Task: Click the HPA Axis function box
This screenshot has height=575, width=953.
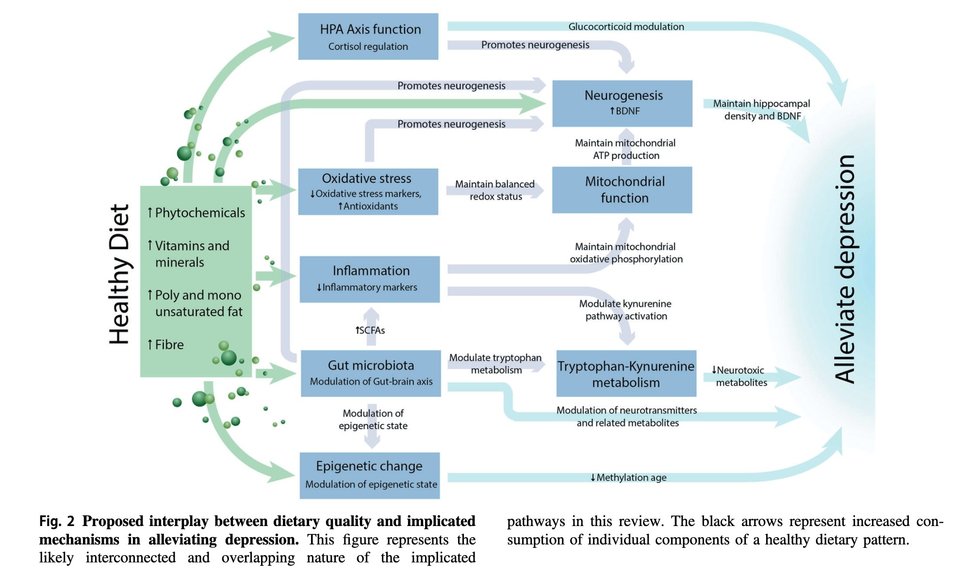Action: tap(368, 37)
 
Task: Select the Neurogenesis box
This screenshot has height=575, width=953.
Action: tap(622, 103)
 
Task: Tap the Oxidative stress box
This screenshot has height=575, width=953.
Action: tap(368, 192)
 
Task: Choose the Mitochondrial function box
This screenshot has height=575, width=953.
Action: tap(622, 190)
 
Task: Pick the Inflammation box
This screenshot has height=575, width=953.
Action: tap(369, 279)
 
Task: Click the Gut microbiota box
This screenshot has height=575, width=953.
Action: tap(371, 373)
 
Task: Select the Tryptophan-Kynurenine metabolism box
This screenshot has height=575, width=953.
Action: tap(626, 373)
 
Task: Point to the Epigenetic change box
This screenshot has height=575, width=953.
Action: tap(369, 475)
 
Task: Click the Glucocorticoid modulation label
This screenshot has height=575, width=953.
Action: tap(626, 27)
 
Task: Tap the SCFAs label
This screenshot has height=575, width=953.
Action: tap(370, 330)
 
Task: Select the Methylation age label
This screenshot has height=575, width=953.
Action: tap(628, 478)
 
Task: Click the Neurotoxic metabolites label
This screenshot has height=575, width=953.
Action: tap(739, 376)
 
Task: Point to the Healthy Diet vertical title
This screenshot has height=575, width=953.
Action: tap(119, 274)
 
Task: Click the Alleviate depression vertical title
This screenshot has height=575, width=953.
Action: tap(844, 269)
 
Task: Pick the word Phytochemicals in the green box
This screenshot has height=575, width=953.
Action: tap(199, 213)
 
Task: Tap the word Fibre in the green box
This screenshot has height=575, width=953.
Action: tap(169, 345)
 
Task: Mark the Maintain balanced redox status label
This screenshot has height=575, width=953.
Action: tap(495, 190)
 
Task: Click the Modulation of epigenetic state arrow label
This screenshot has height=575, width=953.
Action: tap(373, 419)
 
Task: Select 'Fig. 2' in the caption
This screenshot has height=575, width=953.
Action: tap(57, 521)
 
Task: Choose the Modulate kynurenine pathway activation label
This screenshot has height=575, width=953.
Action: tap(625, 310)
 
